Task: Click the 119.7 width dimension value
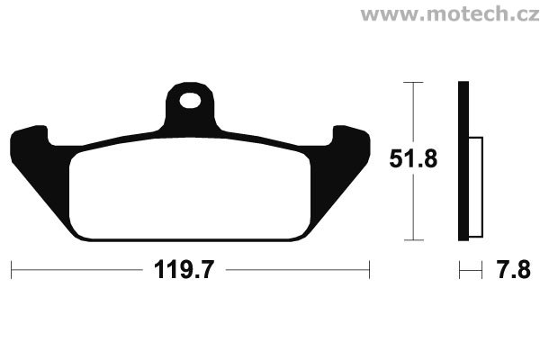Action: (x=184, y=270)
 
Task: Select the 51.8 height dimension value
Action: (x=413, y=158)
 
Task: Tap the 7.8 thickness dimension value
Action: (x=513, y=270)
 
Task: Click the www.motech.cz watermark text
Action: (x=450, y=14)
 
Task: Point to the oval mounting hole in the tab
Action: (x=190, y=100)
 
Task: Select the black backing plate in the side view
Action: (x=463, y=161)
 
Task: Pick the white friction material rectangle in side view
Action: (x=475, y=187)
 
